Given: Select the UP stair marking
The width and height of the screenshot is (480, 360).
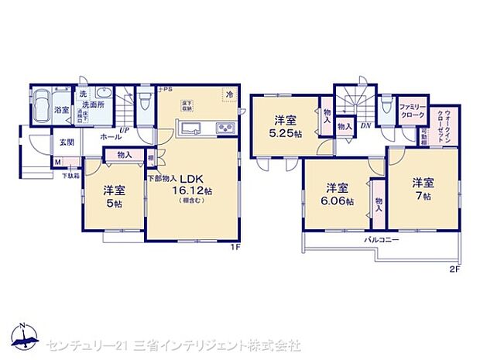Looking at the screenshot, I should click(x=124, y=130).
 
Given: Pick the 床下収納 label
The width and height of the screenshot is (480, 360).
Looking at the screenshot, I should click(x=187, y=105).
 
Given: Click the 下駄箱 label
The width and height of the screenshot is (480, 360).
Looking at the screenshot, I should click(x=70, y=175).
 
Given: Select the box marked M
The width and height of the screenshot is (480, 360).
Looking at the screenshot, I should click(x=58, y=162).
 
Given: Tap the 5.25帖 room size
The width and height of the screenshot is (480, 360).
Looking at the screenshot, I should click(x=286, y=133).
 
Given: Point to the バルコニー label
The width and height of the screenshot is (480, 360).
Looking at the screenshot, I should click(x=382, y=241).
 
